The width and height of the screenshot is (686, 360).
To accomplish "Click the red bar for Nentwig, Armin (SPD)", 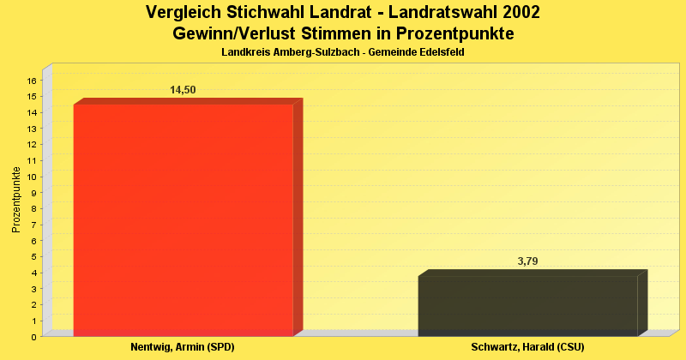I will (x=184, y=219).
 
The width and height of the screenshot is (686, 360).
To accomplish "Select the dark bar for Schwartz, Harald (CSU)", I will (x=527, y=305).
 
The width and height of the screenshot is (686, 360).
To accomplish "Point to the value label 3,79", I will (x=528, y=261).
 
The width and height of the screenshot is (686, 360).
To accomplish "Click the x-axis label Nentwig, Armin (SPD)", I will (x=182, y=347).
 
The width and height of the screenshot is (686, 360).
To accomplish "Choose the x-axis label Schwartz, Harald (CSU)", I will (x=527, y=347).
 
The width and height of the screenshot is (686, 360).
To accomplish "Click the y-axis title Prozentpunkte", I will (x=16, y=200).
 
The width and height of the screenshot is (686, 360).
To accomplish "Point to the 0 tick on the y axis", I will (x=33, y=337).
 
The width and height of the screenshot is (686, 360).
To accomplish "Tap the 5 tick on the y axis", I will (x=33, y=256).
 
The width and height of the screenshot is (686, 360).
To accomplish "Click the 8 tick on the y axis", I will (x=33, y=208).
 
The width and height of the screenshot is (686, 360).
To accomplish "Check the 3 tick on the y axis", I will (x=33, y=289).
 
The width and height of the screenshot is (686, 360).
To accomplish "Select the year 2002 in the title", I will (x=518, y=13).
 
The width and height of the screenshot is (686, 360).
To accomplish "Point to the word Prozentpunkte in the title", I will (x=454, y=34).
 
